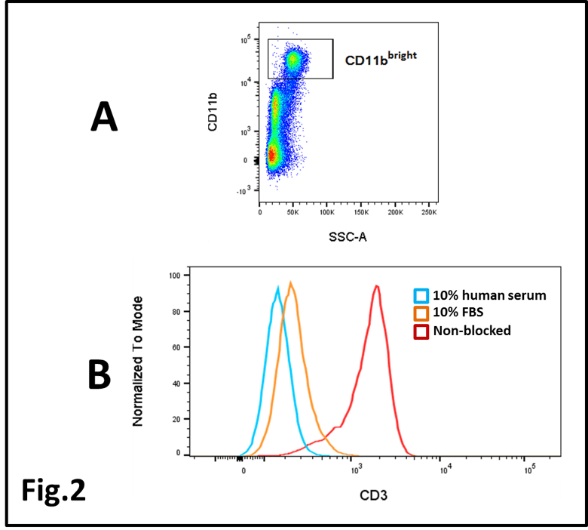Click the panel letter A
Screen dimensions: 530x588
click(x=104, y=118)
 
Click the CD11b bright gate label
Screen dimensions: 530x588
click(x=380, y=58)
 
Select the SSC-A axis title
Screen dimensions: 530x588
click(x=347, y=236)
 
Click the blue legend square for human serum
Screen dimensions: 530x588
click(x=421, y=294)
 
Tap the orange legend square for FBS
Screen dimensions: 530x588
click(x=421, y=313)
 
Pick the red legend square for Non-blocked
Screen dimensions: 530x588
click(x=421, y=331)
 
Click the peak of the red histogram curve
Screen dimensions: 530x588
click(x=375, y=286)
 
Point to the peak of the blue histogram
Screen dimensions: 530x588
click(x=278, y=288)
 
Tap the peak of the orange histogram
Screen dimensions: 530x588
click(x=290, y=283)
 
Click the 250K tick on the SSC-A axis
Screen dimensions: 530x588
click(x=428, y=213)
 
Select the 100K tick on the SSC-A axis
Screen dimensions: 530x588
click(x=327, y=213)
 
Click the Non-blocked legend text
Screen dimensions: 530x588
click(x=472, y=331)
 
